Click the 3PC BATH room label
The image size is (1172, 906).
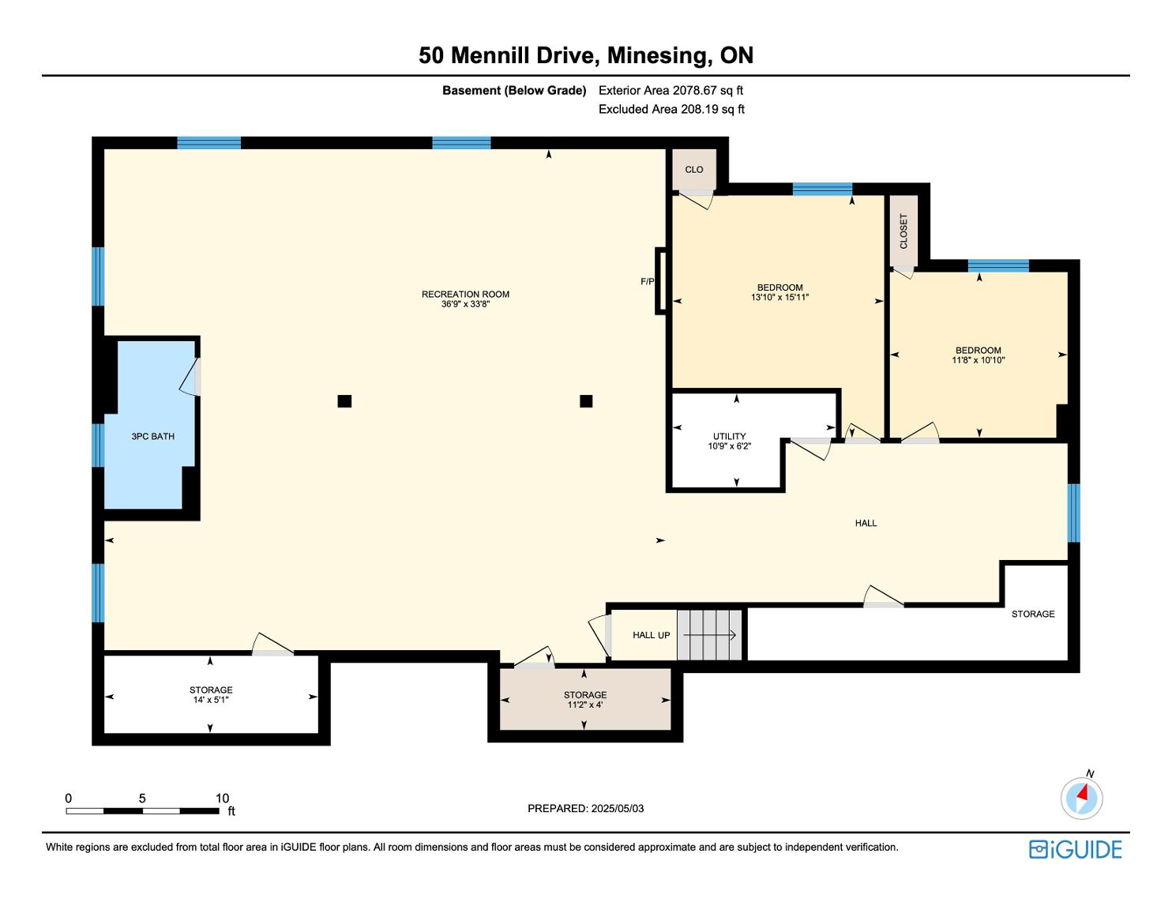pos(152,436)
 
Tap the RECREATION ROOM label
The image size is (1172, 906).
pos(465,295)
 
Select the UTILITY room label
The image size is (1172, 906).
pos(729,436)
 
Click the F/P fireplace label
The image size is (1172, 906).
pos(648,281)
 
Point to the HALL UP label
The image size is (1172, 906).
pos(651,635)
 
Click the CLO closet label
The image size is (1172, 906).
pos(694,170)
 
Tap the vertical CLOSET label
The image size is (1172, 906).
pos(903,231)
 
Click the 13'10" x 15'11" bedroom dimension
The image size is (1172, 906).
pos(780,297)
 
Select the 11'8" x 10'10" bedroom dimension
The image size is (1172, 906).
pos(979,360)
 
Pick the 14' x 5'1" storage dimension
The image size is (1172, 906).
pos(211,700)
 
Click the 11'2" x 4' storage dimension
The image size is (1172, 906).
pos(585,705)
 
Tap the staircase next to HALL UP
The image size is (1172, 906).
pos(709,635)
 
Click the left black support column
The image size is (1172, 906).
pos(344,401)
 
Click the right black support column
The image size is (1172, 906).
pos(586,401)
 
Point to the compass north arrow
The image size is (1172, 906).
pos(1082,794)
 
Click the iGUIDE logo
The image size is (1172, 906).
pos(1076,850)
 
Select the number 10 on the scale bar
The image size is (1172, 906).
pos(222,798)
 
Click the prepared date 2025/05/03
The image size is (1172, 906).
pos(617,808)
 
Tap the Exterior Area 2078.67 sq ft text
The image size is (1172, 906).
pos(671,91)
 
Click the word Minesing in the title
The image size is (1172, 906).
pos(657,55)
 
